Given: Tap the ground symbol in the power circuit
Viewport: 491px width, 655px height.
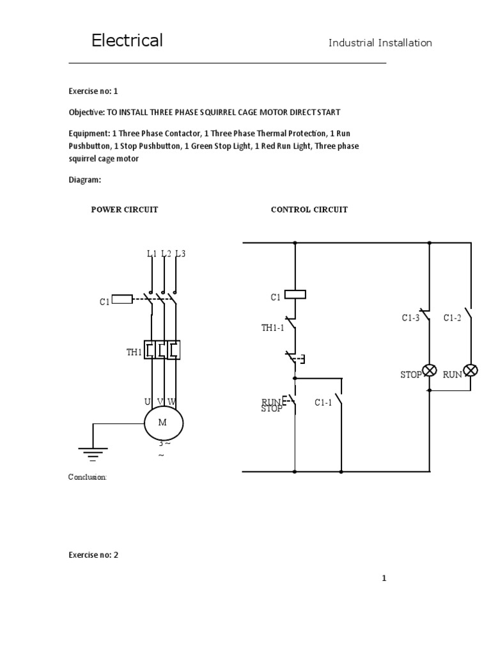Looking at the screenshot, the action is click(93, 454).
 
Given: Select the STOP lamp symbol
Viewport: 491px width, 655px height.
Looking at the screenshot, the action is click(430, 370).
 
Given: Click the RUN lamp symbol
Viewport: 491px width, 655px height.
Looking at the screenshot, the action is click(471, 370).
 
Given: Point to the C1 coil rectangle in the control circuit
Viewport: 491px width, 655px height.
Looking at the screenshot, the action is click(295, 294).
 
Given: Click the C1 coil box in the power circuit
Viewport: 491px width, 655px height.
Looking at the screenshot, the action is click(122, 299).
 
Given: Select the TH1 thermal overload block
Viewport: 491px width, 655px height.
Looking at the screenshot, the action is click(162, 350).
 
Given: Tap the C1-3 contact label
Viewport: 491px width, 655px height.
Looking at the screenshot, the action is click(410, 318).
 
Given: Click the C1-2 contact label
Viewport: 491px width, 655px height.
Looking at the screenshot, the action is click(452, 318).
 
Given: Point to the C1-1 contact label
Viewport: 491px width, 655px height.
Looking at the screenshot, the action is click(323, 402).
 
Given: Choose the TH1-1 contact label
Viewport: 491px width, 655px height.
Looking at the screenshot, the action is click(272, 327).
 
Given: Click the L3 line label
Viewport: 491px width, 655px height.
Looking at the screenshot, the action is click(180, 253).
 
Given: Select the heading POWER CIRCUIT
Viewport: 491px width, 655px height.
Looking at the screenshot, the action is click(125, 210).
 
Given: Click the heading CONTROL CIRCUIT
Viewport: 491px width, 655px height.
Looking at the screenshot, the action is click(309, 210).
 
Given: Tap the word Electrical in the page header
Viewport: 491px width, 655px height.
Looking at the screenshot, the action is click(127, 40).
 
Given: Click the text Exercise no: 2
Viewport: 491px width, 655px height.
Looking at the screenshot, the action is click(93, 555).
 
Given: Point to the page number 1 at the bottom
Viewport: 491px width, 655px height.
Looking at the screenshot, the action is click(384, 578).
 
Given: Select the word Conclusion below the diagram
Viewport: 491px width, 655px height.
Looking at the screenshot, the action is click(87, 477).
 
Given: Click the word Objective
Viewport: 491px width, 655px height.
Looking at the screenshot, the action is click(86, 113).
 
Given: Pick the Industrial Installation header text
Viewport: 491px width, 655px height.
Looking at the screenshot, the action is click(380, 43).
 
